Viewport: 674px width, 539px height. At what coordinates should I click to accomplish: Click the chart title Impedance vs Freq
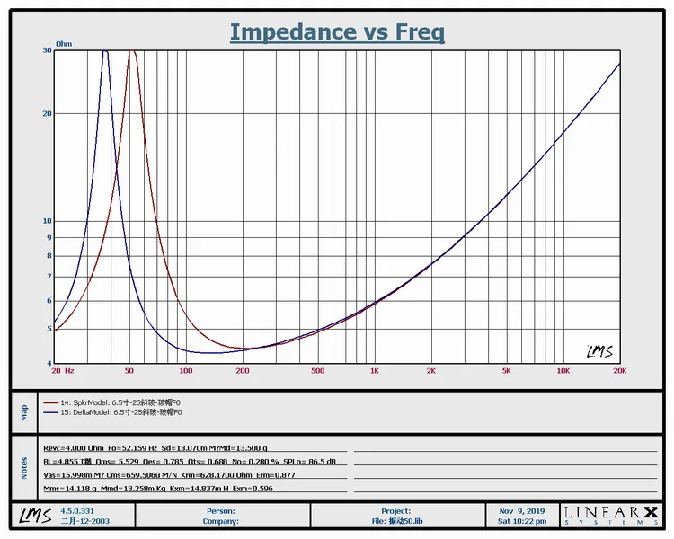tap(337, 32)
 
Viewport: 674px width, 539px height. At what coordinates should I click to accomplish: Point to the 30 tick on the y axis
tap(46, 50)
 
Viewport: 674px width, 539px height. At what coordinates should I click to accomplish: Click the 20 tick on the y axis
tap(46, 113)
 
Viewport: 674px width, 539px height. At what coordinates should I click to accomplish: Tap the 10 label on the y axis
tap(46, 221)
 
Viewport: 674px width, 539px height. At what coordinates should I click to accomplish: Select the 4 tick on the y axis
tap(48, 363)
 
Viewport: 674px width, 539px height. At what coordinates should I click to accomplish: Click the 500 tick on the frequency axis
tap(317, 371)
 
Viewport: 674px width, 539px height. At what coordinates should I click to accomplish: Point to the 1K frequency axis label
tap(375, 371)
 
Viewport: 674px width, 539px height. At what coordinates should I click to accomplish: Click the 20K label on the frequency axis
tap(619, 371)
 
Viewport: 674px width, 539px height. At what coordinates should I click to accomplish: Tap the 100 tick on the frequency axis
tap(186, 371)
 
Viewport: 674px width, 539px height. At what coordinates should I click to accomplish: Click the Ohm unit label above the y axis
tap(64, 43)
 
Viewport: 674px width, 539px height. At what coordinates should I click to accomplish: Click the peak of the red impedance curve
tap(133, 52)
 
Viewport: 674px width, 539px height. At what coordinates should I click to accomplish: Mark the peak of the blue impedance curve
tap(105, 52)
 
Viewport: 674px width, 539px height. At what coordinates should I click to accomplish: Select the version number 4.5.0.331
tap(78, 510)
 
